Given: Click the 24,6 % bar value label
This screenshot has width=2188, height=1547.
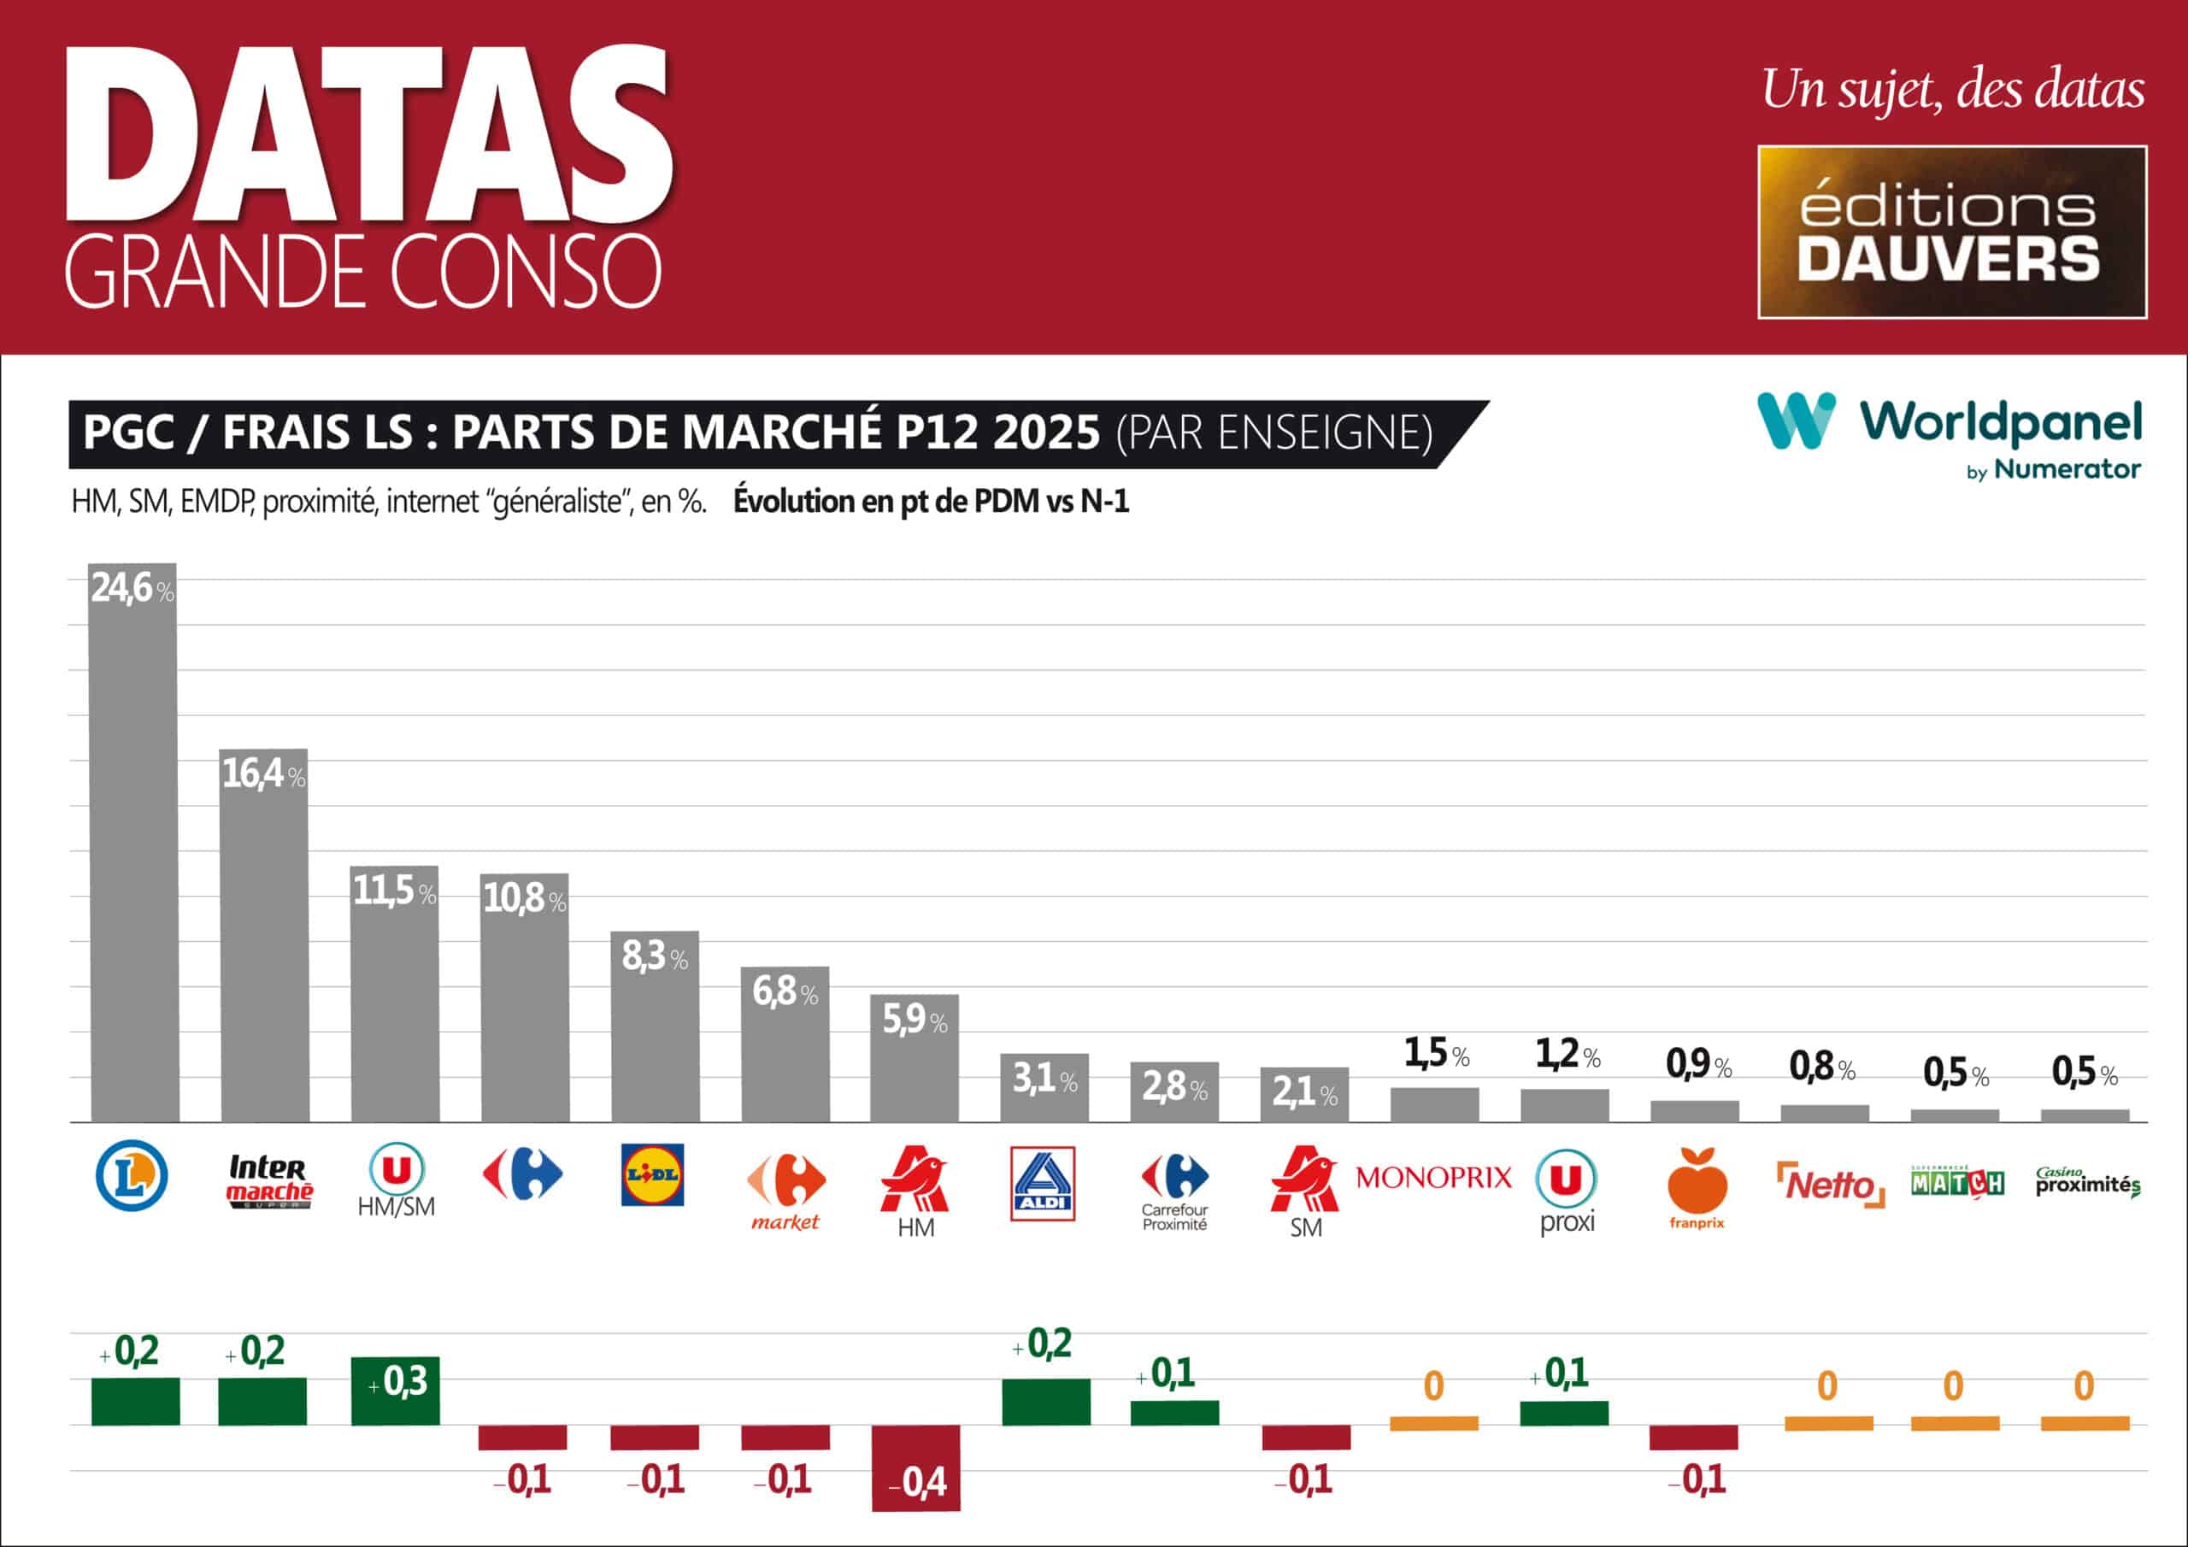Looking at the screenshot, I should tap(132, 588).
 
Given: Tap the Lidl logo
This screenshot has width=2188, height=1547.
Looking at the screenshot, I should tap(653, 1174).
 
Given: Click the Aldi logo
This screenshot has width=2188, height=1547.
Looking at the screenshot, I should tap(1043, 1183).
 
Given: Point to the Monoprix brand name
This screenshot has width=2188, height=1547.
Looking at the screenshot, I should tap(1433, 1178).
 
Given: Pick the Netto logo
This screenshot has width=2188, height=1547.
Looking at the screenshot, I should tap(1830, 1185).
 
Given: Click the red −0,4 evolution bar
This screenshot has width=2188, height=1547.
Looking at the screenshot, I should tap(915, 1467).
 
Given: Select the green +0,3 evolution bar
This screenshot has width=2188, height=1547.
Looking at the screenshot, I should tap(396, 1391).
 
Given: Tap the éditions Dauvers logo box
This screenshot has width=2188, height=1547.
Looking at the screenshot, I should tap(1951, 232).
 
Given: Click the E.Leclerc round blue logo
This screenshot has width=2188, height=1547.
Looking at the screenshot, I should tap(132, 1176).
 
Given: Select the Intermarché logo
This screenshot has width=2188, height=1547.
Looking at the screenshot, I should tap(270, 1181).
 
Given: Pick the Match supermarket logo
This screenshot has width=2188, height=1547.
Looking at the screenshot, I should tap(1957, 1182).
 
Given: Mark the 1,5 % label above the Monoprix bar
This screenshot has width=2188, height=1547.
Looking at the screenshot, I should tap(1436, 1053).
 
